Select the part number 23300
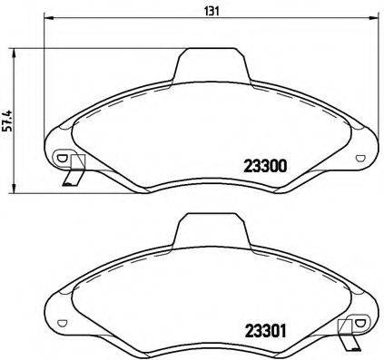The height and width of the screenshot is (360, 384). click(265, 166)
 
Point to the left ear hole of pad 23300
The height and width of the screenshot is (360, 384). click(62, 158)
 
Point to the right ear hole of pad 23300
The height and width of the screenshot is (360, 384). click(360, 158)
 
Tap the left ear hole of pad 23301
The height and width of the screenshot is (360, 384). click(62, 324)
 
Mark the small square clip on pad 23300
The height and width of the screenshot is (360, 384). click(77, 163)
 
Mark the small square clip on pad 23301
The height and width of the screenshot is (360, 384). click(345, 329)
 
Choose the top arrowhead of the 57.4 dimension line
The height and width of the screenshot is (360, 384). click(11, 51)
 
